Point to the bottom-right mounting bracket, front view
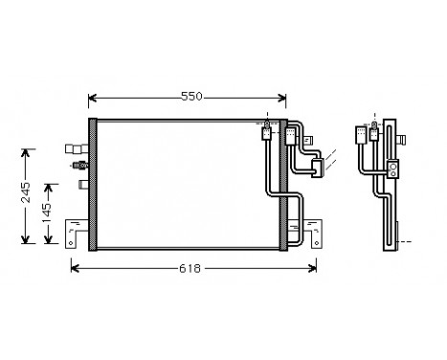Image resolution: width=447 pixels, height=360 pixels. [297, 231]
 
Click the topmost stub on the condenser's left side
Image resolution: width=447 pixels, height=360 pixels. [75, 148]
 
